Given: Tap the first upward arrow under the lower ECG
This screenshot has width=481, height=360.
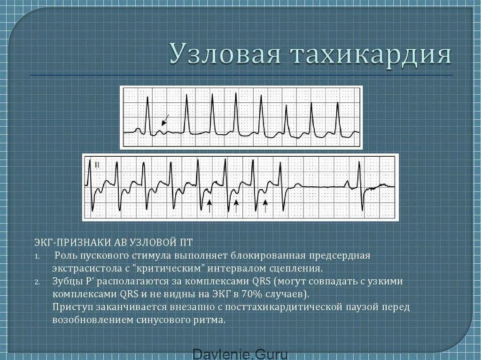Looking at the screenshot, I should tap(209, 205).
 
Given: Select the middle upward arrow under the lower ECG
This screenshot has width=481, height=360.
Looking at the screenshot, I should tap(237, 205).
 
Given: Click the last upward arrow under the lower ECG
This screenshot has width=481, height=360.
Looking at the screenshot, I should tap(265, 205).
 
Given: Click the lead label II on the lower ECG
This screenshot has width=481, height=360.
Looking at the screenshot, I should tap(97, 165).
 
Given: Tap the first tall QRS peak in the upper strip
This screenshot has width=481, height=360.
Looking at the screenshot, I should tap(148, 99).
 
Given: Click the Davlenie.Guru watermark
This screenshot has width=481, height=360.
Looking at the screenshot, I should tap(240, 354).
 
